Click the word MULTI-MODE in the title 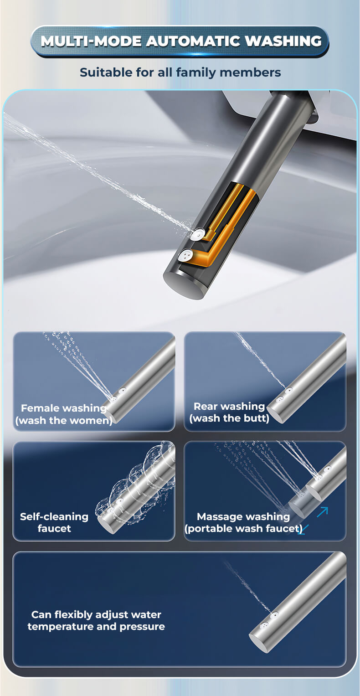coord(91,41)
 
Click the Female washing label coord(64,408)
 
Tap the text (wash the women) coord(64,421)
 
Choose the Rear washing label coord(229,406)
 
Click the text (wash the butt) coord(229,418)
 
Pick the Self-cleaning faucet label coord(54,522)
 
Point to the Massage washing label coord(243,516)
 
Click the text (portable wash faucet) coord(243,529)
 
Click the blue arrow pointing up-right coord(323,512)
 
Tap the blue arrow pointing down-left coord(303,530)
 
